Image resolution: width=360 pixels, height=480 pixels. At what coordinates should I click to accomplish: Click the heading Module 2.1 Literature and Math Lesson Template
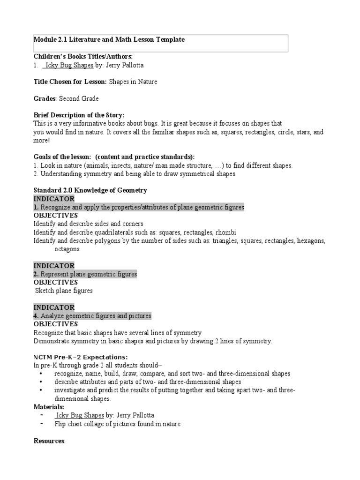(x=109, y=40)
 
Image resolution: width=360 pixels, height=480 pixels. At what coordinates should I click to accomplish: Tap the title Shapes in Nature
(x=133, y=82)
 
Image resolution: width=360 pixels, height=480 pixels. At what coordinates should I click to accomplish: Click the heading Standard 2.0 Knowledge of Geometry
(x=90, y=190)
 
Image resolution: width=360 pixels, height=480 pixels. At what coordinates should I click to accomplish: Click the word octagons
(x=67, y=249)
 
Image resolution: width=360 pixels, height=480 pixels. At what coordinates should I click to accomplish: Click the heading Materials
(x=49, y=407)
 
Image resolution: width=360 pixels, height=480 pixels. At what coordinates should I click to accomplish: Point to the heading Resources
(x=49, y=441)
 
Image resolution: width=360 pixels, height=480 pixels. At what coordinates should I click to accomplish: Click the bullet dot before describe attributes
(x=42, y=382)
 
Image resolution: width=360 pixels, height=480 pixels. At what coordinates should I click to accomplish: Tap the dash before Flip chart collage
(x=42, y=424)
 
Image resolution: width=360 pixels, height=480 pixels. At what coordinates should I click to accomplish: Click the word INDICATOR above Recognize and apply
(x=54, y=199)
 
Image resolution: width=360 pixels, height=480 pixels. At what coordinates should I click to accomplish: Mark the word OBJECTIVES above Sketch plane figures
(x=56, y=282)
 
